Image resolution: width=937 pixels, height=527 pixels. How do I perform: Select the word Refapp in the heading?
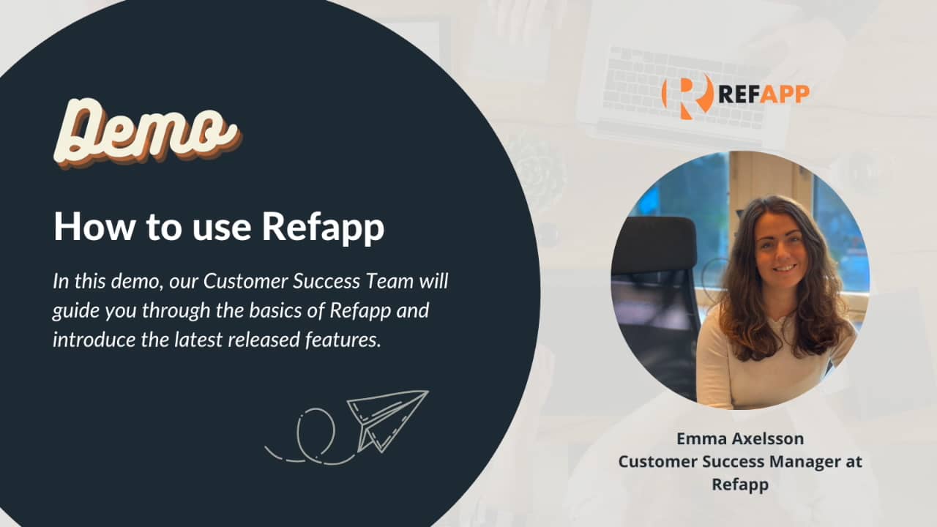point(322,228)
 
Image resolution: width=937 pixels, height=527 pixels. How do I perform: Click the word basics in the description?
point(282,310)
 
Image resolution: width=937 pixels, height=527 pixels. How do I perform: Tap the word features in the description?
point(349,340)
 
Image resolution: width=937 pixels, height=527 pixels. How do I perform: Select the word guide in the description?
point(75,310)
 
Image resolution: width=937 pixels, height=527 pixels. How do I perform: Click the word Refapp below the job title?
point(740,485)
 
